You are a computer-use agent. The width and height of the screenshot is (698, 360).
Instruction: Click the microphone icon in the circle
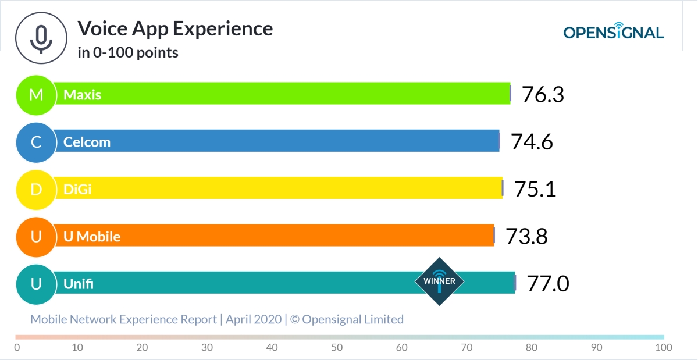coord(40,38)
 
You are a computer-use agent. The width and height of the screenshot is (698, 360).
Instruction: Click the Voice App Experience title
coord(175,28)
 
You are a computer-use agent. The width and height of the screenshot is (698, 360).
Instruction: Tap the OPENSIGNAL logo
coord(613,33)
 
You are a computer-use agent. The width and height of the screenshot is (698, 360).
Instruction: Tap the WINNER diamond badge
coord(439,281)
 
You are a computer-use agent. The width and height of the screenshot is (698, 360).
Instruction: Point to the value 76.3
coord(543,94)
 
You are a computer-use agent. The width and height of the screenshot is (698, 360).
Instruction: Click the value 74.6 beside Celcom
coord(532,141)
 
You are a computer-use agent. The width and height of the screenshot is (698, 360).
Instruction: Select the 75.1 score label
coord(535,188)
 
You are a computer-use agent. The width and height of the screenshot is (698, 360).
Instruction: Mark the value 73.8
coord(526,236)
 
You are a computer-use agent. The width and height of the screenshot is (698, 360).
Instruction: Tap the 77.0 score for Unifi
coord(547,283)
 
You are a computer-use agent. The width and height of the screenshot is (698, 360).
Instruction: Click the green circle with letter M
coord(35,94)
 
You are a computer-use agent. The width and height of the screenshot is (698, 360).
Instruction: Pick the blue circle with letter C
coord(35,141)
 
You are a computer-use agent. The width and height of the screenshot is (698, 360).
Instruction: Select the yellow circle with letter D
coord(35,188)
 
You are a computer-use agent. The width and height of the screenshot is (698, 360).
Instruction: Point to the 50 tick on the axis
coord(337,348)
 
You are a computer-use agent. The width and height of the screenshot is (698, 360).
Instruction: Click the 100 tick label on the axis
coord(663,348)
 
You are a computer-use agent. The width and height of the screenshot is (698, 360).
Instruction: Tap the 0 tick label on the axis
coord(17,348)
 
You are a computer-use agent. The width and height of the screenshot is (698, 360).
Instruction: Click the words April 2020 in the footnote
coord(253,319)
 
